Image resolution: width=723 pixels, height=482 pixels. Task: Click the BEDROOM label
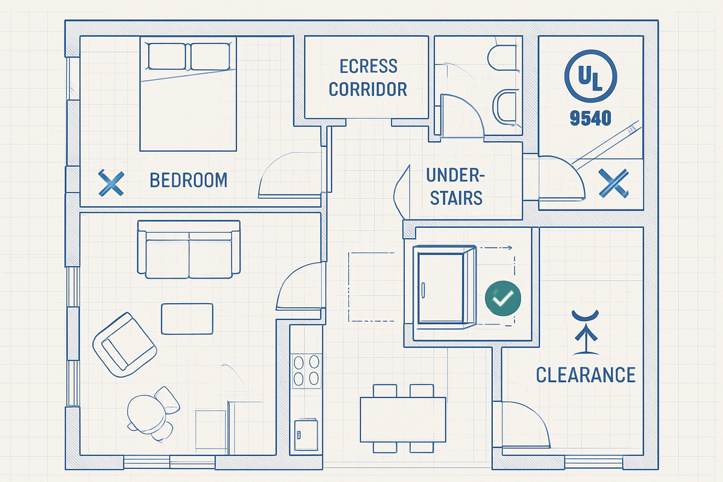pyautogui.click(x=189, y=180)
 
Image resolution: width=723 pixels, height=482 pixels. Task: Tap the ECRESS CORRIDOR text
pyautogui.click(x=368, y=78)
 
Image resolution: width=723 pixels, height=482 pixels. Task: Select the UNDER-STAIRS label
pyautogui.click(x=454, y=186)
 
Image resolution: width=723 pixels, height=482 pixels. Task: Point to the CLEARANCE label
pyautogui.click(x=586, y=375)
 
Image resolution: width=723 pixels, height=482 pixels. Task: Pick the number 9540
pyautogui.click(x=590, y=117)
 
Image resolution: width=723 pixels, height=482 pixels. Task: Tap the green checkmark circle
pyautogui.click(x=502, y=297)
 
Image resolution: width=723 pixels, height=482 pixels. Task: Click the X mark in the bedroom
pyautogui.click(x=111, y=183)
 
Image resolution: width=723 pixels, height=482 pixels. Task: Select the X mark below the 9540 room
pyautogui.click(x=613, y=183)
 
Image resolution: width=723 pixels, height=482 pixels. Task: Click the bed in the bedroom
pyautogui.click(x=187, y=94)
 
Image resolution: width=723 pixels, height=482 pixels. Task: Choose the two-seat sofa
pyautogui.click(x=189, y=249)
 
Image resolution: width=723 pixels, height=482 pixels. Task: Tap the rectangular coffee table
pyautogui.click(x=187, y=318)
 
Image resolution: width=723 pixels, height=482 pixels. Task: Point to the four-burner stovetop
pyautogui.click(x=306, y=369)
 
